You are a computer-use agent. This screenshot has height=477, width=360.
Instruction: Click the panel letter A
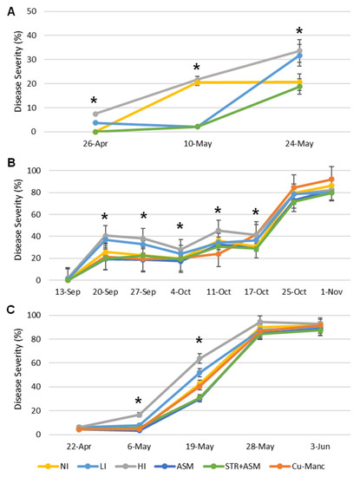pyautogui.click(x=11, y=12)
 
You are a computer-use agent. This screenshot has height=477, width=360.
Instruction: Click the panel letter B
pyautogui.click(x=11, y=163)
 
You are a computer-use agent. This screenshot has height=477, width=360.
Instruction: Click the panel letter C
pyautogui.click(x=11, y=310)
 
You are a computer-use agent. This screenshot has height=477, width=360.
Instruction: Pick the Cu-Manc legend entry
pyautogui.click(x=298, y=466)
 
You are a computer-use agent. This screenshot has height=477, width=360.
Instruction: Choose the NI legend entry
pyautogui.click(x=53, y=466)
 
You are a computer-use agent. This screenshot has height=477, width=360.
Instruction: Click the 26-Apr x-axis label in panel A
pyautogui.click(x=95, y=144)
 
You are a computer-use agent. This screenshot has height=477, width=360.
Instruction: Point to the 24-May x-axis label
pyautogui.click(x=299, y=144)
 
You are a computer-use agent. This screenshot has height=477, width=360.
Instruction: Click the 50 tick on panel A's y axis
pyautogui.click(x=31, y=11)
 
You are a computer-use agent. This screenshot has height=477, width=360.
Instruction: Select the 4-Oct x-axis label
pyautogui.click(x=180, y=292)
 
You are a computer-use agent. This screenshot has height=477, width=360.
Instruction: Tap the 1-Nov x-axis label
pyautogui.click(x=331, y=292)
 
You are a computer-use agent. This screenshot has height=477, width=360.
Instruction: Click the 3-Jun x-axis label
pyautogui.click(x=321, y=447)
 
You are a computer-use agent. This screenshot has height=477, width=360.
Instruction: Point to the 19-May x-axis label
pyautogui.click(x=200, y=447)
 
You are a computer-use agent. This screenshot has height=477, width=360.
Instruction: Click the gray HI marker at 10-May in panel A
pyautogui.click(x=197, y=80)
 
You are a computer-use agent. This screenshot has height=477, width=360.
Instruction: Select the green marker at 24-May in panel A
pyautogui.click(x=300, y=87)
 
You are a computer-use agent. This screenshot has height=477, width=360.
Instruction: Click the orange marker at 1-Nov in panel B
pyautogui.click(x=331, y=180)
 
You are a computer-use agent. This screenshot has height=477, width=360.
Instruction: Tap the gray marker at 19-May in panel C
pyautogui.click(x=200, y=359)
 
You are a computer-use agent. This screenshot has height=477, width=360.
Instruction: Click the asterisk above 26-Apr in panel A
pyautogui.click(x=94, y=100)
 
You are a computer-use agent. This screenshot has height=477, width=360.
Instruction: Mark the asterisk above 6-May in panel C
pyautogui.click(x=138, y=401)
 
